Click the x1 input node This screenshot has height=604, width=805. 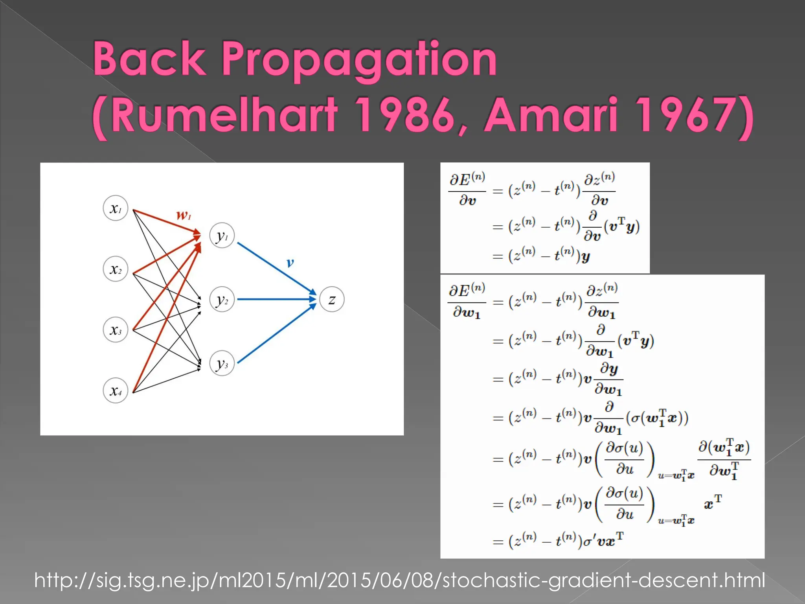[x=115, y=208]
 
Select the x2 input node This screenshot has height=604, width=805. [x=115, y=269]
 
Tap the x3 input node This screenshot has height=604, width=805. [x=115, y=330]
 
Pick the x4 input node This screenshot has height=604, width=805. [x=115, y=390]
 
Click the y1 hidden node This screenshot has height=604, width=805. [x=222, y=236]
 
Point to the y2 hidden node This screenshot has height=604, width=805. [x=222, y=300]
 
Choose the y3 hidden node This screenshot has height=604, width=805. [x=222, y=363]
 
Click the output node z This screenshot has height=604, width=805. [x=332, y=300]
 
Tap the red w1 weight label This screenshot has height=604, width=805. [x=184, y=215]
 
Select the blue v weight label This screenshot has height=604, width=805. [x=290, y=262]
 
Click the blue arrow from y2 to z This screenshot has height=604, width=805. [x=275, y=299]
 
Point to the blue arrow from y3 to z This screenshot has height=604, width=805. [x=275, y=335]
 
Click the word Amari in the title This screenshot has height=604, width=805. [x=550, y=115]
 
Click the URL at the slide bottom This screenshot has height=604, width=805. [x=399, y=580]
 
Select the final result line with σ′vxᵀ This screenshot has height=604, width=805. [x=558, y=541]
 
